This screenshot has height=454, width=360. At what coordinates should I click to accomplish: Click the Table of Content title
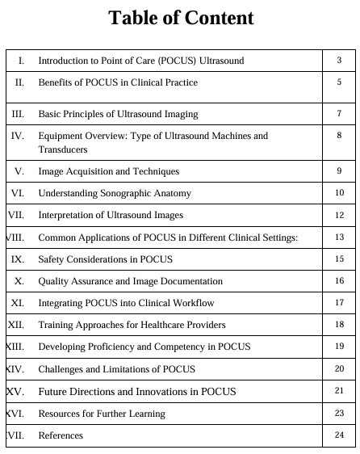point(180,19)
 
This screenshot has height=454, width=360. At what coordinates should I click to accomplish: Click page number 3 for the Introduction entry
point(340,61)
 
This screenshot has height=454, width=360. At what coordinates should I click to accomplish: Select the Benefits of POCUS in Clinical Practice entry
point(118,82)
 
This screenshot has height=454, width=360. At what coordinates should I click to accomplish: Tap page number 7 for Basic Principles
point(340,114)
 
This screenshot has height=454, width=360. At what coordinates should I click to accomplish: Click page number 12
point(340,216)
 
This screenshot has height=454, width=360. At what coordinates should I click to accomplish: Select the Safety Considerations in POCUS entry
point(105,259)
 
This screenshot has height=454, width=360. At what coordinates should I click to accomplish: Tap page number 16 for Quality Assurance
point(340,281)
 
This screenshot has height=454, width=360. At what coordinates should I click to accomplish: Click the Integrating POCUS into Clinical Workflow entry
point(126,303)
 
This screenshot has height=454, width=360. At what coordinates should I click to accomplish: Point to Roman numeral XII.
point(15,325)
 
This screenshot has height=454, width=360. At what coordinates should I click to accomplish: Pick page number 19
point(340,347)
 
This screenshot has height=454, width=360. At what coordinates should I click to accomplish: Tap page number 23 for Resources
point(340,413)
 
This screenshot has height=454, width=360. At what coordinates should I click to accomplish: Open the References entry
point(61,435)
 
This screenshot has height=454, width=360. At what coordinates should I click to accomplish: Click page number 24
point(340,435)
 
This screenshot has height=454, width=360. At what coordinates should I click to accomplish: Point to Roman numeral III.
point(17,114)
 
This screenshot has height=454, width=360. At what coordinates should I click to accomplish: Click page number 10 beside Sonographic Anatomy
point(340,193)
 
